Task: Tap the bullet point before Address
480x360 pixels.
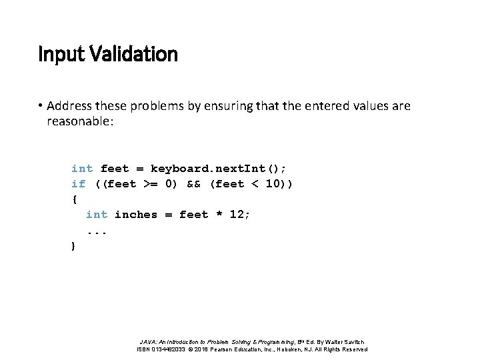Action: coord(41,107)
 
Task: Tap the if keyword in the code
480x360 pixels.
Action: coord(78,184)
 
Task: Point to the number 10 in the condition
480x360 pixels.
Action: coord(272,184)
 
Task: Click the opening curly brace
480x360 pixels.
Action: coord(73,199)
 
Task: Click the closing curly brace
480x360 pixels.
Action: coord(73,246)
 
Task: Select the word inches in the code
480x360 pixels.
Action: coord(136,215)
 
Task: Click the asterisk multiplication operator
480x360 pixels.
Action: coord(216,215)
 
